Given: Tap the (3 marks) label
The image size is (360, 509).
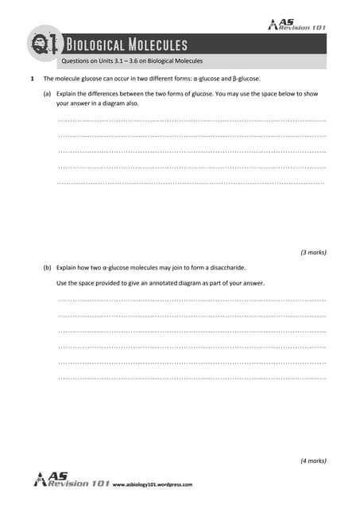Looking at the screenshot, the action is tap(313, 252).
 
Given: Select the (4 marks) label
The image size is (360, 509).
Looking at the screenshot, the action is tap(313, 460).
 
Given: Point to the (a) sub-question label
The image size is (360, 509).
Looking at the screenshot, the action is tap(48, 93).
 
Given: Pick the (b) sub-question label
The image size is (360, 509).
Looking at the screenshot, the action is tap(48, 268).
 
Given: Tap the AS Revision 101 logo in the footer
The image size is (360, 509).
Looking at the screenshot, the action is tap(72, 480).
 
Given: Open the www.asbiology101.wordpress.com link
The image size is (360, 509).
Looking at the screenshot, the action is tap(153, 484).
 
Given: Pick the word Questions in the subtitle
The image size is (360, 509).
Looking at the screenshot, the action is tap(76, 61).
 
